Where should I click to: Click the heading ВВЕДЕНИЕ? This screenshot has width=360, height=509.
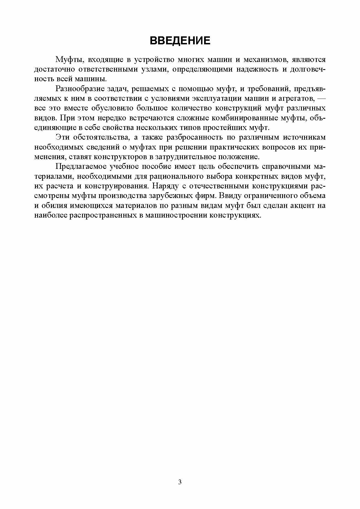coord(180,41)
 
